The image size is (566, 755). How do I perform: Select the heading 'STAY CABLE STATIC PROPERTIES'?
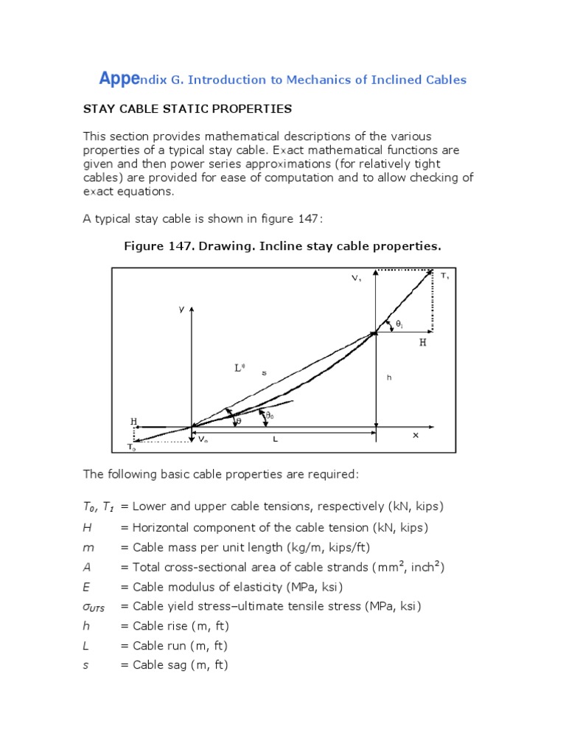[x=187, y=109]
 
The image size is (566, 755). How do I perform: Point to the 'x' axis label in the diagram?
[x=415, y=435]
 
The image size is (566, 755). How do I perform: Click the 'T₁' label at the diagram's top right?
[x=444, y=276]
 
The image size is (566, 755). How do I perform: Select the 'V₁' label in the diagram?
[x=356, y=278]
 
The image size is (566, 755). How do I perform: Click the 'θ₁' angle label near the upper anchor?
[x=399, y=324]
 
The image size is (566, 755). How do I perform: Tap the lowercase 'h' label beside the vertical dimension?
[x=389, y=377]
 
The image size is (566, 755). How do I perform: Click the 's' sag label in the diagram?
[x=264, y=373]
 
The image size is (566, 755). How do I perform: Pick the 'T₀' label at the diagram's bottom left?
[x=131, y=447]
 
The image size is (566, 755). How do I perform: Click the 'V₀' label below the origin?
[x=203, y=439]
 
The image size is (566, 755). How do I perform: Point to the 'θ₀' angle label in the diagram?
[x=270, y=417]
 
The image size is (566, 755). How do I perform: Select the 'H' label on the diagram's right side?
[x=423, y=343]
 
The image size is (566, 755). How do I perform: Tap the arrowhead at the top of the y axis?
[x=192, y=307]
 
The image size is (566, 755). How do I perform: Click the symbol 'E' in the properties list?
[x=86, y=587]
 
